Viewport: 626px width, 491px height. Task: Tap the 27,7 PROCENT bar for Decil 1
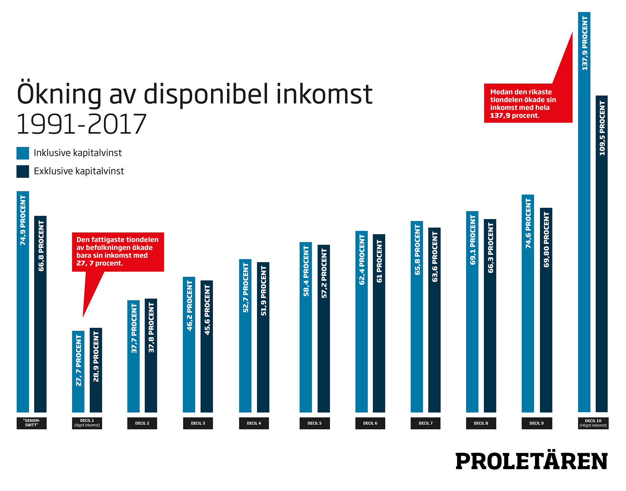78,372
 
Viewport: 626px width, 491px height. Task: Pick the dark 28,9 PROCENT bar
96,371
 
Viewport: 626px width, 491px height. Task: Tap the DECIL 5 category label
315,423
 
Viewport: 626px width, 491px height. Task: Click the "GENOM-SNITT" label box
32,423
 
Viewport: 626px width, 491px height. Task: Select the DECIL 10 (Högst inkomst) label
593,423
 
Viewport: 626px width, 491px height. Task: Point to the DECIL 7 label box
426,423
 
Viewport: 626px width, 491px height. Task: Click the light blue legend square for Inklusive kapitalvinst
23,153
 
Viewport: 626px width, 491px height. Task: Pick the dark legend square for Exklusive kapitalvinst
23,171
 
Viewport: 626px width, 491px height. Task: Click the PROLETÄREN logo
531,462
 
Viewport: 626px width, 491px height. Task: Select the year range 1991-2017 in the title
81,125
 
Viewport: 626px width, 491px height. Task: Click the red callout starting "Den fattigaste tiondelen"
118,252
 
